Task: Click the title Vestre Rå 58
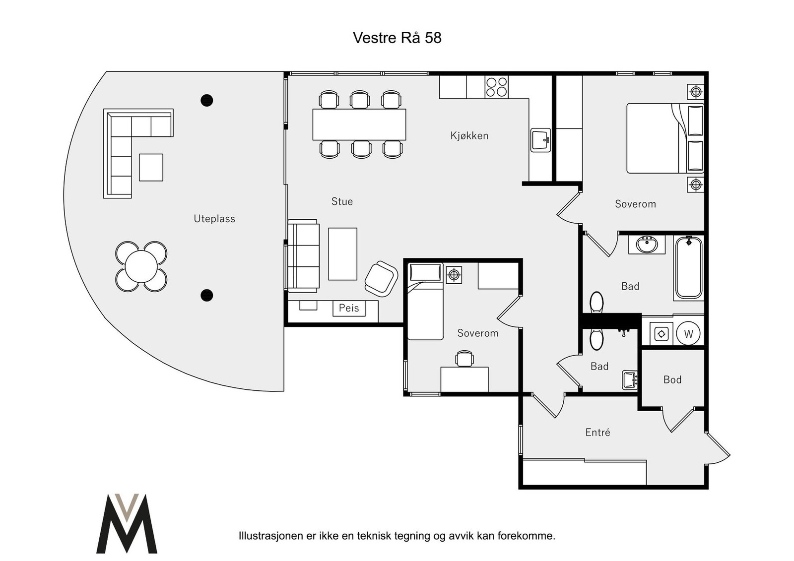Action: pyautogui.click(x=397, y=38)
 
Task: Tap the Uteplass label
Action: pyautogui.click(x=214, y=219)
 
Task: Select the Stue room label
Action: pyautogui.click(x=342, y=201)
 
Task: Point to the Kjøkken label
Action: pyautogui.click(x=469, y=135)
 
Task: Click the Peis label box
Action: pyautogui.click(x=349, y=308)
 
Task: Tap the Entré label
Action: pyautogui.click(x=597, y=432)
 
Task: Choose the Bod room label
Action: pyautogui.click(x=672, y=379)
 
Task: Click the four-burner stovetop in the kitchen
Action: pyautogui.click(x=496, y=87)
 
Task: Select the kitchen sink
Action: pyautogui.click(x=540, y=140)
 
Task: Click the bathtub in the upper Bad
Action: pyautogui.click(x=689, y=267)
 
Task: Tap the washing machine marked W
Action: pyautogui.click(x=688, y=333)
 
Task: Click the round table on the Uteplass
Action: pyautogui.click(x=141, y=266)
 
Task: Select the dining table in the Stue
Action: pyautogui.click(x=359, y=125)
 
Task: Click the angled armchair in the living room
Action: pyautogui.click(x=381, y=279)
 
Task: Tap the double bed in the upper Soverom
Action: pyautogui.click(x=664, y=138)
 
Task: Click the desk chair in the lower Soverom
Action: pyautogui.click(x=464, y=358)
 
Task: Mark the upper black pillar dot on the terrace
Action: pyautogui.click(x=206, y=100)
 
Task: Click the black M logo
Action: pyautogui.click(x=127, y=523)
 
